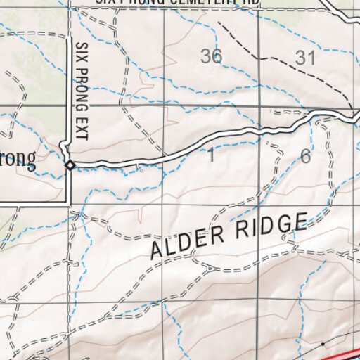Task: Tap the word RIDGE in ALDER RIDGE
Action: [x=272, y=227]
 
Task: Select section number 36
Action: [x=211, y=57]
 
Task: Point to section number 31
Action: [x=305, y=58]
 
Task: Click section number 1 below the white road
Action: [x=211, y=156]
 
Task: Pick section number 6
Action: [x=305, y=156]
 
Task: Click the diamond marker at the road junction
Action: [x=70, y=165]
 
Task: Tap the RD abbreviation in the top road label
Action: [x=250, y=3]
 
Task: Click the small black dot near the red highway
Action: [x=323, y=344]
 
